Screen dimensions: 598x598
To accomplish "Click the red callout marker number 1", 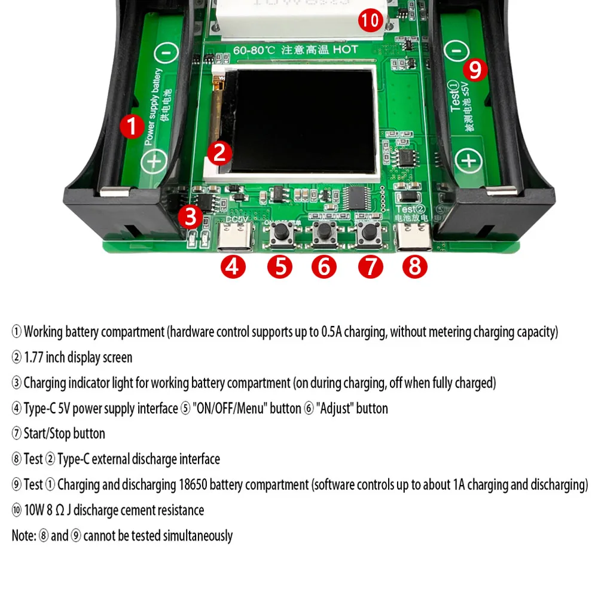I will tap(132, 127).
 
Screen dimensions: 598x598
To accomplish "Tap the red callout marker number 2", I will tap(219, 154).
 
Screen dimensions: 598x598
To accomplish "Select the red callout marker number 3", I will tap(191, 216).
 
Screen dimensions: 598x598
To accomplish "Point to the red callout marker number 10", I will tap(370, 20).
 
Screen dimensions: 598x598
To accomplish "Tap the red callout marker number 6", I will tap(324, 266).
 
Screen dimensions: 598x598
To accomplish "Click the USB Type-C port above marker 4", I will tap(233, 240).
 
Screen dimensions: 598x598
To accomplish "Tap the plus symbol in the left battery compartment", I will tap(154, 161).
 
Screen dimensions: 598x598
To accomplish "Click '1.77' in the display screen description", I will tap(34, 358).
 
